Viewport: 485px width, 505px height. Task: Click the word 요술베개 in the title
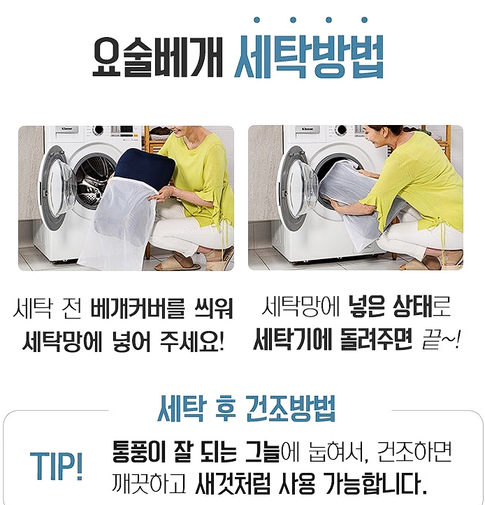(157, 57)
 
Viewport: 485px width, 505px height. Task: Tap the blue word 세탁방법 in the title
(309, 57)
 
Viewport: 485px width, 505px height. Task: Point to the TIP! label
(57, 466)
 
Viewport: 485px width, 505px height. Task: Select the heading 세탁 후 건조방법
(247, 409)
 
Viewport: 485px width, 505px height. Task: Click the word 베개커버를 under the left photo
(138, 309)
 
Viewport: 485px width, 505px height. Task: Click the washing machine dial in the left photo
(98, 130)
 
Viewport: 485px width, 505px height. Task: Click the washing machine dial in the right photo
(340, 130)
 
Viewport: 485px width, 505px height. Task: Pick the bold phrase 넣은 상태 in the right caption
(390, 307)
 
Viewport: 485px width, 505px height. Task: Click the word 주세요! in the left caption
(191, 342)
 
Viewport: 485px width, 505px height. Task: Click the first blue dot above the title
(257, 20)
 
